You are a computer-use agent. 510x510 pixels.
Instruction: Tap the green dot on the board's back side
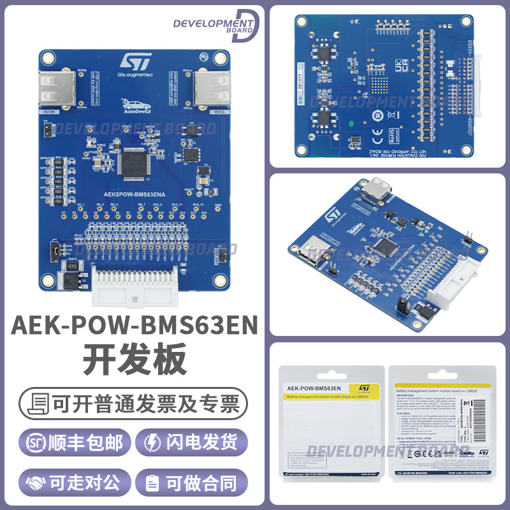coord(350,124)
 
